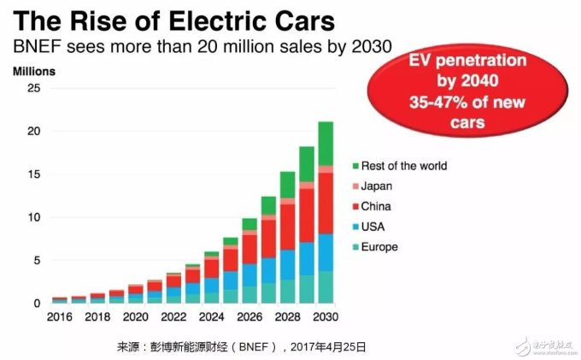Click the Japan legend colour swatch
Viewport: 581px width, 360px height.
tap(354, 186)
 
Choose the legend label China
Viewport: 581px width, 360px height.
tap(377, 206)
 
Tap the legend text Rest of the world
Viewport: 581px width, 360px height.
tap(404, 165)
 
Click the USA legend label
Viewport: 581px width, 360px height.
tap(373, 227)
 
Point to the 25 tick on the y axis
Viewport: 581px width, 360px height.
tap(33, 88)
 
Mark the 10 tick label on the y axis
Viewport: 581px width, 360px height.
tap(33, 217)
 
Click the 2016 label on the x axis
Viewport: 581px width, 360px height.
tap(60, 316)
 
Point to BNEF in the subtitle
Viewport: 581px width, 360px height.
tap(32, 45)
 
